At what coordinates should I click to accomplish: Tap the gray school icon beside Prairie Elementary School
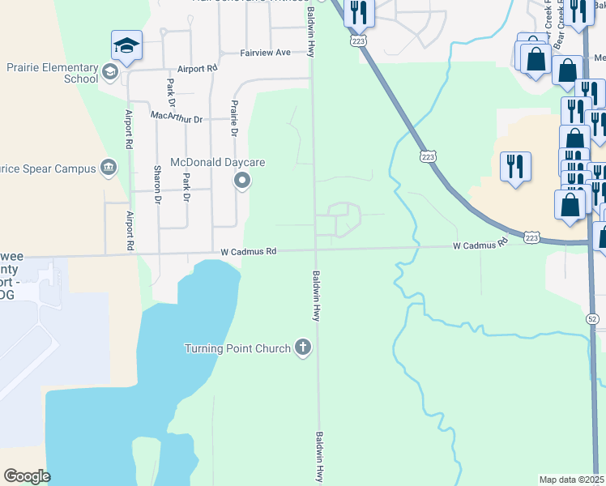(109, 74)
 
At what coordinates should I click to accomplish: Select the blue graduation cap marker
(126, 47)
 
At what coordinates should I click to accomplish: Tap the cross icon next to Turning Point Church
(303, 348)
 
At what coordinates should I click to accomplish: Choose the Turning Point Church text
(237, 349)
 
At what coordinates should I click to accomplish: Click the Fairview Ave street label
(265, 53)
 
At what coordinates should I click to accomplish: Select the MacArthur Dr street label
(177, 117)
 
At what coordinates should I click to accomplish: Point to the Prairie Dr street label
(234, 118)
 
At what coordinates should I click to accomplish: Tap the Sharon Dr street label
(157, 184)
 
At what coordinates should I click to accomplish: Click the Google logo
(27, 476)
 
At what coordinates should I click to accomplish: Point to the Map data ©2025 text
(572, 479)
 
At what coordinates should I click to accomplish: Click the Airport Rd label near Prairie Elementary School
(198, 70)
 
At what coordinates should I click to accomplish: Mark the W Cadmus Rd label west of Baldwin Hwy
(249, 252)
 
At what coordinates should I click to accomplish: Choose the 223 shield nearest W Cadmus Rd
(531, 237)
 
